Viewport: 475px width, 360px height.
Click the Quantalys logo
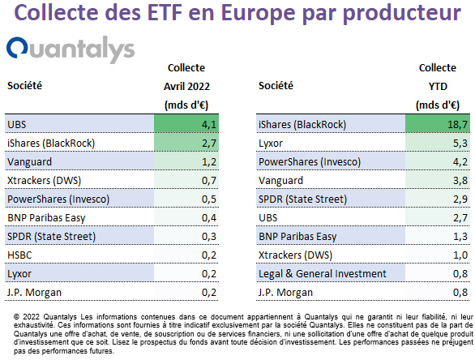71,49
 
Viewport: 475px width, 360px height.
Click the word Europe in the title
258,13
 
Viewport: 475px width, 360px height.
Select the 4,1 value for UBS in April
209,124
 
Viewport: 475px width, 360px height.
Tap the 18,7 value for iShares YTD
457,124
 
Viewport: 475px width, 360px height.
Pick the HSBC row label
19,255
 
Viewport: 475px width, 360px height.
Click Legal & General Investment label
323,273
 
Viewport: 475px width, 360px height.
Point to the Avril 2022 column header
186,87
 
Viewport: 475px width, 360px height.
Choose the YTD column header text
438,87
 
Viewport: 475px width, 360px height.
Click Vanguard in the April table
29,162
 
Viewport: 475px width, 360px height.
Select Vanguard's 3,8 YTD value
460,181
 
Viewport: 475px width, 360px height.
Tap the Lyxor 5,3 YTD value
460,143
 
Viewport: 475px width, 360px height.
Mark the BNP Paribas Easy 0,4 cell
209,218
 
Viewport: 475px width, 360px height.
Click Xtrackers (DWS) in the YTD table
295,255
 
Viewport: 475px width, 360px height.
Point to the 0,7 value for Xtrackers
209,181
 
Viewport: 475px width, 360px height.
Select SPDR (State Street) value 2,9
460,199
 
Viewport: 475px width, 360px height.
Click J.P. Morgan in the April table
34,293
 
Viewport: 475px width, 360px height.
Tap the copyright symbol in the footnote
17,317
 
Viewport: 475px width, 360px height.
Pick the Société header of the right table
276,86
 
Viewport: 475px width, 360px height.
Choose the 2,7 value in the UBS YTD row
460,218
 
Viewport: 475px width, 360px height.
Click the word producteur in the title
403,14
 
